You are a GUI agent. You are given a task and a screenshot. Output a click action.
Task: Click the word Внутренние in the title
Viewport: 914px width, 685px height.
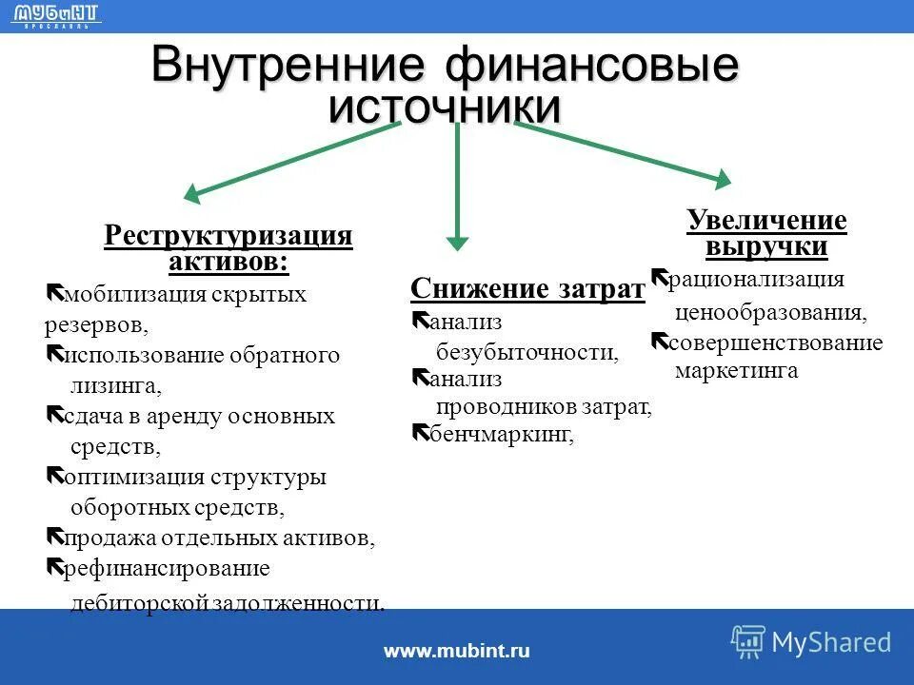click(287, 66)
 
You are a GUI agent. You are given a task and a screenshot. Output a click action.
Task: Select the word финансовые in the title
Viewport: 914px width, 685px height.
click(590, 68)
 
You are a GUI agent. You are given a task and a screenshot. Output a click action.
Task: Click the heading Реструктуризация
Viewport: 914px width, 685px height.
click(228, 235)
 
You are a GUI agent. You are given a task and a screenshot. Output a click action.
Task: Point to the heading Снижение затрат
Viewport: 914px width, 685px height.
click(527, 288)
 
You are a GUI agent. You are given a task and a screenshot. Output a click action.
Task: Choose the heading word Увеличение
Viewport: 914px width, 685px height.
click(766, 222)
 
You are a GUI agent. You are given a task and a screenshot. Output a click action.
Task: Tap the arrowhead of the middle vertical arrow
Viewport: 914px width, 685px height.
click(458, 243)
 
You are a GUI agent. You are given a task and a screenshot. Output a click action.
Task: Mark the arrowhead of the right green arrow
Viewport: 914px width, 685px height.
click(722, 178)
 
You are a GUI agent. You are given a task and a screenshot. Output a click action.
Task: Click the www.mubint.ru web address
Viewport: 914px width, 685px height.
click(456, 651)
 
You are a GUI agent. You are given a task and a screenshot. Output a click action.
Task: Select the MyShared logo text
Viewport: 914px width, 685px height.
click(831, 642)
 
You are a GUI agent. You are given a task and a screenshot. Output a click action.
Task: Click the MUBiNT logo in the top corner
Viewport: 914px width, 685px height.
click(58, 14)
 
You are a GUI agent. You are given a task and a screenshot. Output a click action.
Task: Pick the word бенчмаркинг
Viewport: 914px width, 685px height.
click(502, 435)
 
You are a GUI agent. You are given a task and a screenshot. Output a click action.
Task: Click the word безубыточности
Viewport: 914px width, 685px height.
click(527, 353)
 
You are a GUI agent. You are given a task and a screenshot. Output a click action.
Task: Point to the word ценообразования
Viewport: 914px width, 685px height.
click(771, 312)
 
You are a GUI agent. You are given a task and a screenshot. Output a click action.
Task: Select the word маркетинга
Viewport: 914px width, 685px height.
click(736, 371)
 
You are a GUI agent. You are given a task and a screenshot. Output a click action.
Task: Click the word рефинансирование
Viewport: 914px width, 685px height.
click(167, 569)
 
